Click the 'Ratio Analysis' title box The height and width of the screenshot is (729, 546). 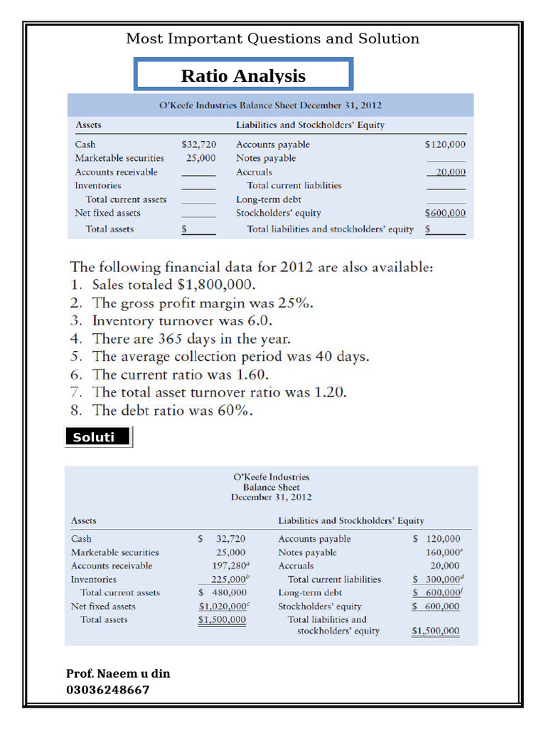[243, 75]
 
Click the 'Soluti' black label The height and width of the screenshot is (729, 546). [98, 437]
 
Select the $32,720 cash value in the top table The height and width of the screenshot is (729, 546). [199, 145]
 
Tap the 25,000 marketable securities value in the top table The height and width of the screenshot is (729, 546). [201, 158]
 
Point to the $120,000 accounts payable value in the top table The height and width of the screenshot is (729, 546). [445, 145]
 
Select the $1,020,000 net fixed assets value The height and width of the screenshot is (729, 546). [223, 607]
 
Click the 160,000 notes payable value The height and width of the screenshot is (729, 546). [441, 552]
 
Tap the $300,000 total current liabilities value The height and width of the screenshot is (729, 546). [437, 579]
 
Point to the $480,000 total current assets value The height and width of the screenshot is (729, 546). [223, 592]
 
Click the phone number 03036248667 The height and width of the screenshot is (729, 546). [108, 690]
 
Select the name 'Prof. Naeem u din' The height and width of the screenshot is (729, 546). [118, 673]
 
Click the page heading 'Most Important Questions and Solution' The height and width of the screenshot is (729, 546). [272, 39]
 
